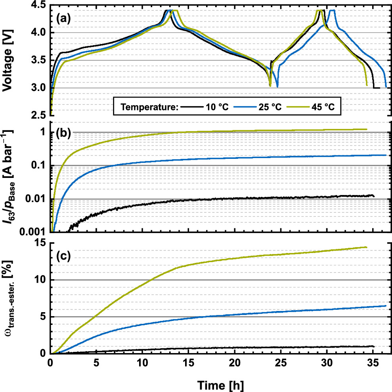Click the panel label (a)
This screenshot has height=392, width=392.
[63, 18]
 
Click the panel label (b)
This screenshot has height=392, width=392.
[63, 133]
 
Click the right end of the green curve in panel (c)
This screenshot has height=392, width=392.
[367, 247]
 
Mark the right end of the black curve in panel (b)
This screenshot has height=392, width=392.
[374, 195]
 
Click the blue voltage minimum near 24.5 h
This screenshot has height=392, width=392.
[277, 86]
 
